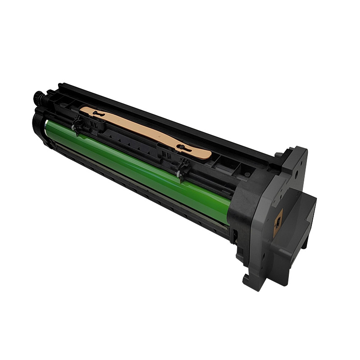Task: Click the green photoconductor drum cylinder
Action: click(135, 166)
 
